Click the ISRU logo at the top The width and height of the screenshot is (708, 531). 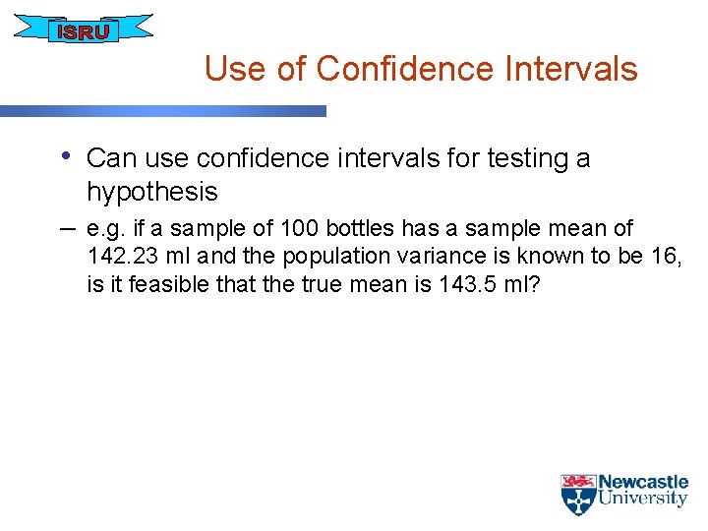tap(84, 29)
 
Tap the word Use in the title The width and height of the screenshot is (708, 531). tap(229, 69)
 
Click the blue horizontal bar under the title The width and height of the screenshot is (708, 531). tap(162, 111)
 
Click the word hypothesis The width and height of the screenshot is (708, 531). tap(151, 191)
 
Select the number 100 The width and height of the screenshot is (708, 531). tap(300, 228)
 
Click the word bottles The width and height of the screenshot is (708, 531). tap(361, 228)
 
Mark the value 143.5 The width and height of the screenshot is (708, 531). tap(448, 285)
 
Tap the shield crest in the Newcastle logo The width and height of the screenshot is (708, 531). tap(577, 495)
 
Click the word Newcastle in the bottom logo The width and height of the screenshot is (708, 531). tap(643, 482)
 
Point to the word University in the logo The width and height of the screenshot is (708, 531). tap(643, 499)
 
